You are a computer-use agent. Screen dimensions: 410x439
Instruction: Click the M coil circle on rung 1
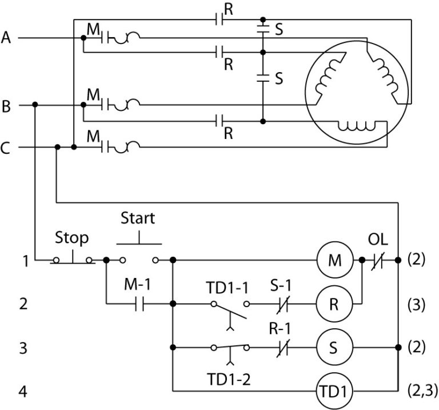click(x=334, y=260)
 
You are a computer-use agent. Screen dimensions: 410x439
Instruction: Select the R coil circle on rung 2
click(x=334, y=304)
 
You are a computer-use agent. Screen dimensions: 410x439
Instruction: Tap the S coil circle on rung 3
click(x=334, y=347)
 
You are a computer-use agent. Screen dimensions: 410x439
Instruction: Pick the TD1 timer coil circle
click(x=334, y=392)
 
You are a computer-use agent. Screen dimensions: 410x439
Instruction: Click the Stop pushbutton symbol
click(x=73, y=257)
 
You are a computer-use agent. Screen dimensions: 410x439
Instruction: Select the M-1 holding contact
click(x=139, y=304)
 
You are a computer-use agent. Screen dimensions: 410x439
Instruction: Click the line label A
click(x=6, y=38)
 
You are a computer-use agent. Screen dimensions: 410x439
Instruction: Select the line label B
click(x=6, y=106)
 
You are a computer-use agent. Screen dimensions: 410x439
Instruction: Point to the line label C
click(x=6, y=148)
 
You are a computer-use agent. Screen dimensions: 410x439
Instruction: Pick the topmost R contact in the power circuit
click(x=219, y=20)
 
